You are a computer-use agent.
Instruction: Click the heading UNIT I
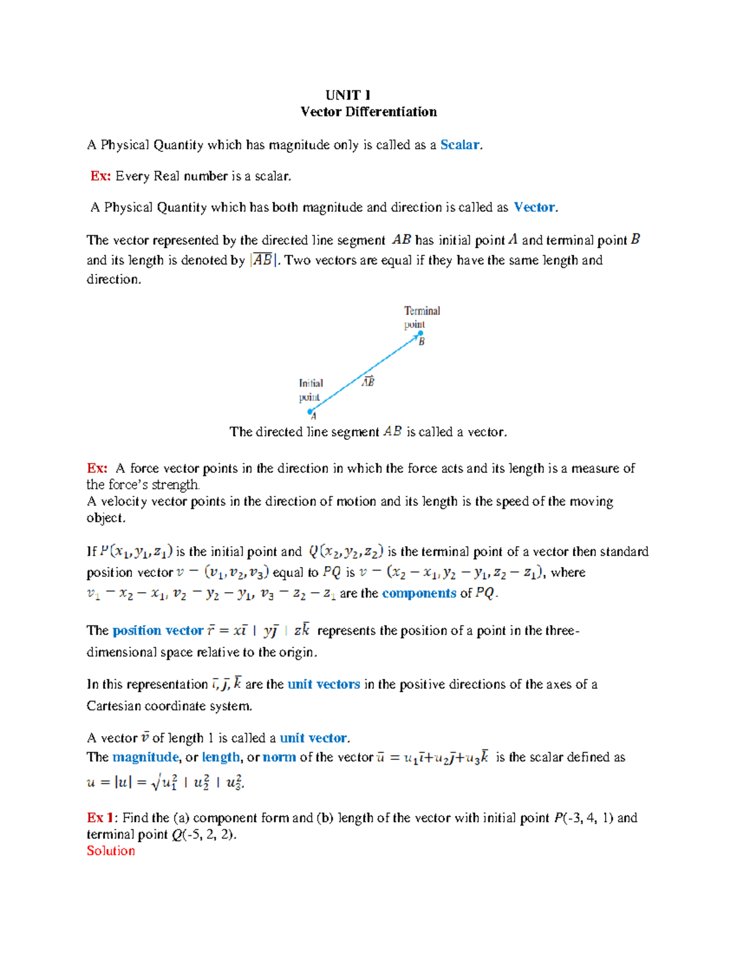click(348, 95)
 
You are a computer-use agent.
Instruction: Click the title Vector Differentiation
click(368, 112)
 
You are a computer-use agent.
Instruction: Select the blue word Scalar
click(459, 145)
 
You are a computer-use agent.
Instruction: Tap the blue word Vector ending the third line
click(534, 208)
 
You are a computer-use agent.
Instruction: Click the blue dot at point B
click(421, 334)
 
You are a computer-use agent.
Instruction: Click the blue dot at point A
click(310, 412)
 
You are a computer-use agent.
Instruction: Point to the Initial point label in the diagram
click(311, 390)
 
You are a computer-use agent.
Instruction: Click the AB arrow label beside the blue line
click(368, 381)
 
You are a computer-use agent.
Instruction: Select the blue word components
click(419, 593)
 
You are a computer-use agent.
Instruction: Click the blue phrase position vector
click(158, 631)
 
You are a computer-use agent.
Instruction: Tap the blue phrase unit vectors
click(324, 684)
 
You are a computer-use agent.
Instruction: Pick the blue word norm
click(279, 757)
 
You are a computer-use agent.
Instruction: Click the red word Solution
click(111, 851)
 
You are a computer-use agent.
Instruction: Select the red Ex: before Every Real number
click(100, 176)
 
